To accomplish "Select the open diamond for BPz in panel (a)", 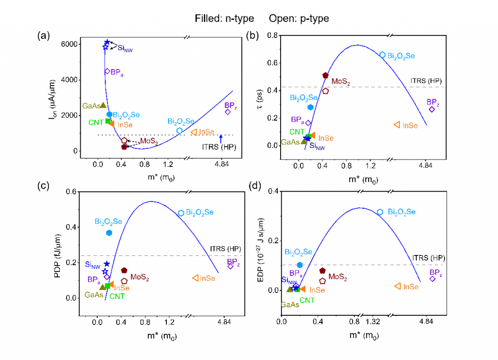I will (x=228, y=112).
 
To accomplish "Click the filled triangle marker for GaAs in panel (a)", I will (x=103, y=105).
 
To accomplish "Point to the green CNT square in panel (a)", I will (x=108, y=121).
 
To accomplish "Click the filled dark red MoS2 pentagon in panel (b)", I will (x=325, y=75).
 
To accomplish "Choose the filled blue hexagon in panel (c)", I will (x=109, y=233).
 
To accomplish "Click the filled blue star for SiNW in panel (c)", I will (x=107, y=264).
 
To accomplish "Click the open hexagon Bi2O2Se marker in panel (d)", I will (x=380, y=212).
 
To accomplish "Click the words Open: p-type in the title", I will (x=299, y=19).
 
